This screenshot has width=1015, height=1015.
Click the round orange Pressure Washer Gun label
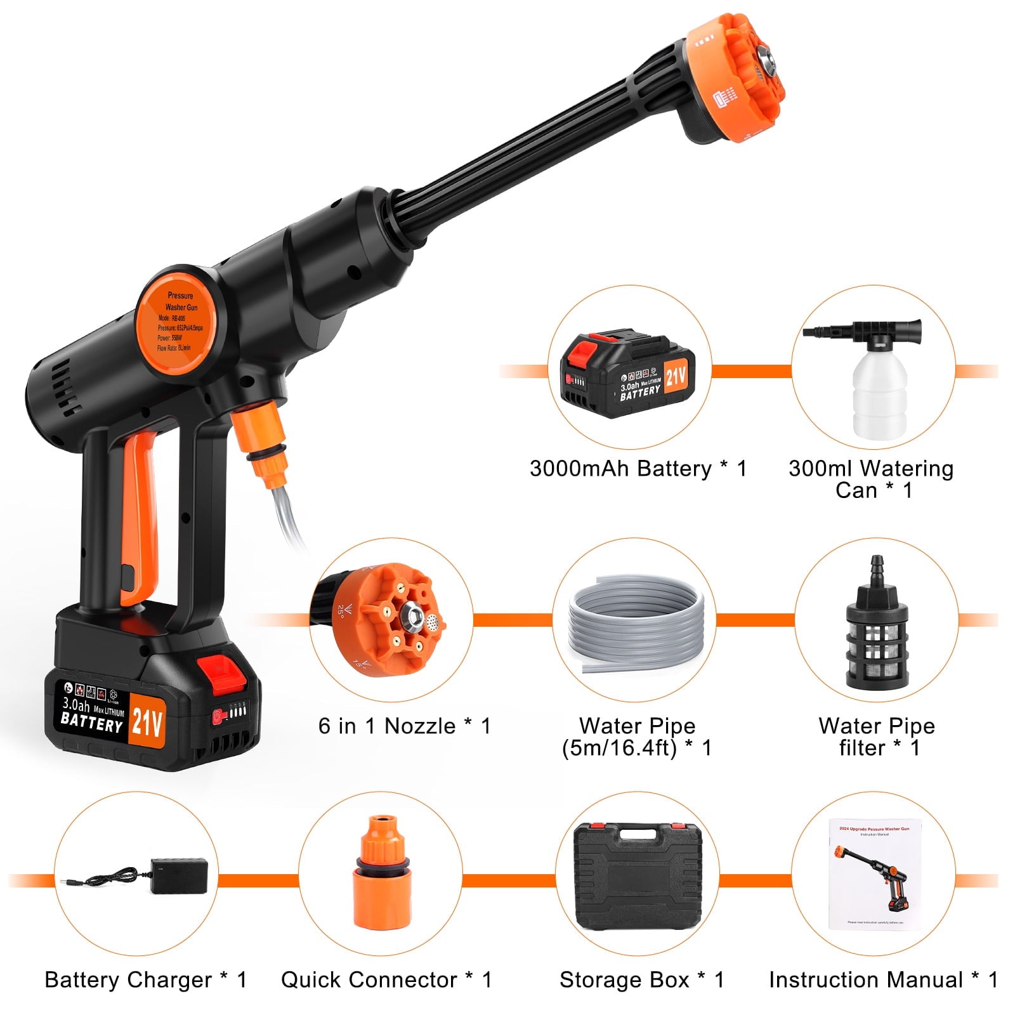tap(176, 322)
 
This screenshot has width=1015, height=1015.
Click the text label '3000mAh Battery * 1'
tap(638, 469)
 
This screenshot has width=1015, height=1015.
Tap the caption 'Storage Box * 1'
tap(641, 979)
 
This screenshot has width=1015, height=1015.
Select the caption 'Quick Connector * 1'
tap(386, 979)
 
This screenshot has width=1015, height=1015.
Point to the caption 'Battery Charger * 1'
tap(145, 979)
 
